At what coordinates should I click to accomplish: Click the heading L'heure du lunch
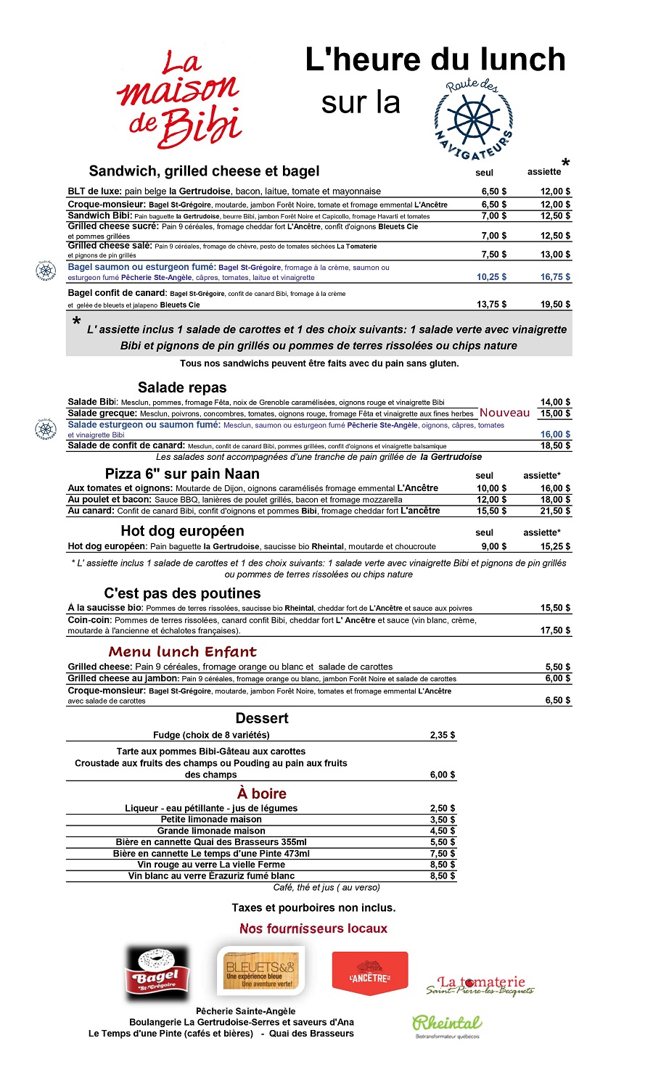(x=435, y=59)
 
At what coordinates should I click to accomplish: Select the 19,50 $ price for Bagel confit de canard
(x=555, y=305)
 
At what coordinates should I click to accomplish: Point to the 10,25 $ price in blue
(x=491, y=277)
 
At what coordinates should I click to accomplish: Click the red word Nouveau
(x=504, y=413)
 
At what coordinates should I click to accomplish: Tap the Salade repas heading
(x=182, y=387)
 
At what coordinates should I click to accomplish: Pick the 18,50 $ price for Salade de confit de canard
(x=555, y=446)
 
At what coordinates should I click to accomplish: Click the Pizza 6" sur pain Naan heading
(x=182, y=474)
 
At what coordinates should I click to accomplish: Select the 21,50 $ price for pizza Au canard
(x=555, y=511)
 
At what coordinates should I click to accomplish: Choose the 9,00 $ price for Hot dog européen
(x=494, y=547)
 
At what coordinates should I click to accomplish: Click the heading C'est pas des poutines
(x=182, y=593)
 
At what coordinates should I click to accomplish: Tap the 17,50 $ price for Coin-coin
(x=555, y=631)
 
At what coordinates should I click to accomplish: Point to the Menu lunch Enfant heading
(x=182, y=651)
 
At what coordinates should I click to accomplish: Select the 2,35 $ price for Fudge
(x=443, y=736)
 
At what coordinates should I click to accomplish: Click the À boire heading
(x=262, y=794)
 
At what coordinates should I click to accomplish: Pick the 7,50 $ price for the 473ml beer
(x=443, y=854)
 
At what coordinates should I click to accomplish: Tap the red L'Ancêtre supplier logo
(x=370, y=973)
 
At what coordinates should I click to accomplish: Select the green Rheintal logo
(x=447, y=1023)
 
